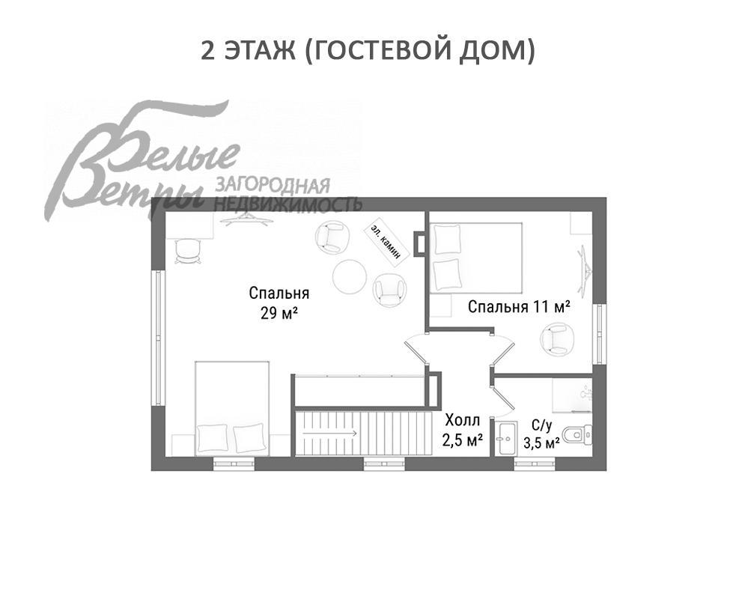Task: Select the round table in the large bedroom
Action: (x=350, y=278)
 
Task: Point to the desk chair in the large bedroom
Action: (x=186, y=253)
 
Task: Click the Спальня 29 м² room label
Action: (x=279, y=302)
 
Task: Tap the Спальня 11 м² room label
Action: (x=520, y=306)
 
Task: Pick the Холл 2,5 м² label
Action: (x=461, y=430)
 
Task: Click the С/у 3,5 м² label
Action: (x=541, y=435)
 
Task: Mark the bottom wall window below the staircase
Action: (x=384, y=464)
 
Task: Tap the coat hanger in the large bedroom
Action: (x=246, y=219)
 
